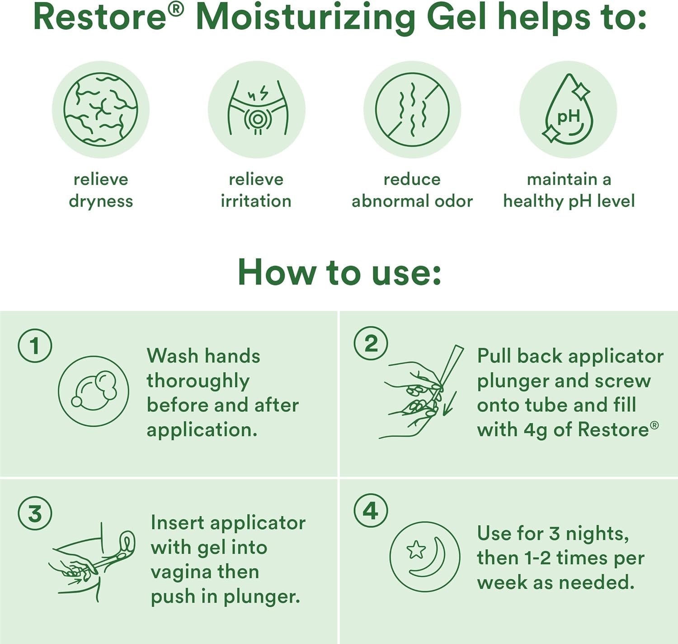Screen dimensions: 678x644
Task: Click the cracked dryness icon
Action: tap(101, 110)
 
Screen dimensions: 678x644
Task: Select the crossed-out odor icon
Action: tap(412, 110)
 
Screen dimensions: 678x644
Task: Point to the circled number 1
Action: tap(35, 345)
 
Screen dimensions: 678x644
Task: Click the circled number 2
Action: tap(371, 344)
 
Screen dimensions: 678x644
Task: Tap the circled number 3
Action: tap(35, 513)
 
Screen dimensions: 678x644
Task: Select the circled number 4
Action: tap(371, 511)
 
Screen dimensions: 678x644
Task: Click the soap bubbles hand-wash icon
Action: tap(94, 392)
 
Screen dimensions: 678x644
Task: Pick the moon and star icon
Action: tap(425, 557)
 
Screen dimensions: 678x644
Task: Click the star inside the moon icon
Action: tap(416, 550)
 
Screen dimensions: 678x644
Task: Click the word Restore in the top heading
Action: tap(100, 18)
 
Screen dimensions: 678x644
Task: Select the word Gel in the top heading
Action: tap(457, 18)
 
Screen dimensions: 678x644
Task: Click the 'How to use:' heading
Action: tap(339, 272)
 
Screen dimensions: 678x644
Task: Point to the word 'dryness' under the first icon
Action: tap(101, 201)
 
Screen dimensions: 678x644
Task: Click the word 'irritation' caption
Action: tap(256, 201)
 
